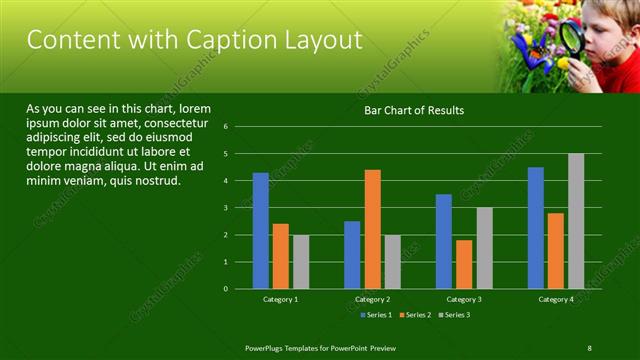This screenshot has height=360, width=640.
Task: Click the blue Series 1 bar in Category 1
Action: tap(260, 231)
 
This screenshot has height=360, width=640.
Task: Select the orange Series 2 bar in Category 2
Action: tap(372, 229)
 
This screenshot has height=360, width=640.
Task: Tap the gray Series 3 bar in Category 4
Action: tap(576, 221)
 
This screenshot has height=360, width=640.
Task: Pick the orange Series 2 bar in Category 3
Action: tap(464, 264)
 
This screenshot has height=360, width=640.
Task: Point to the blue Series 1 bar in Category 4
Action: tap(536, 228)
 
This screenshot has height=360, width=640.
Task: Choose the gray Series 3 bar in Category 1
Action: tap(301, 262)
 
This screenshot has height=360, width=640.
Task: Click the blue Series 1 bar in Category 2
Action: tap(352, 255)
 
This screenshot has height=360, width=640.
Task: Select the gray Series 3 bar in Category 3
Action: tap(484, 248)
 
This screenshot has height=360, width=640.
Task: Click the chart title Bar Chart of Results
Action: tap(413, 110)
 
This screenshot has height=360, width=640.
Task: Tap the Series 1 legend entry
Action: tap(375, 315)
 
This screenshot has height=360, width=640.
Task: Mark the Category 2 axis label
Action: tap(372, 299)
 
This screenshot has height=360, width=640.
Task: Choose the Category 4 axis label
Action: tap(556, 299)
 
